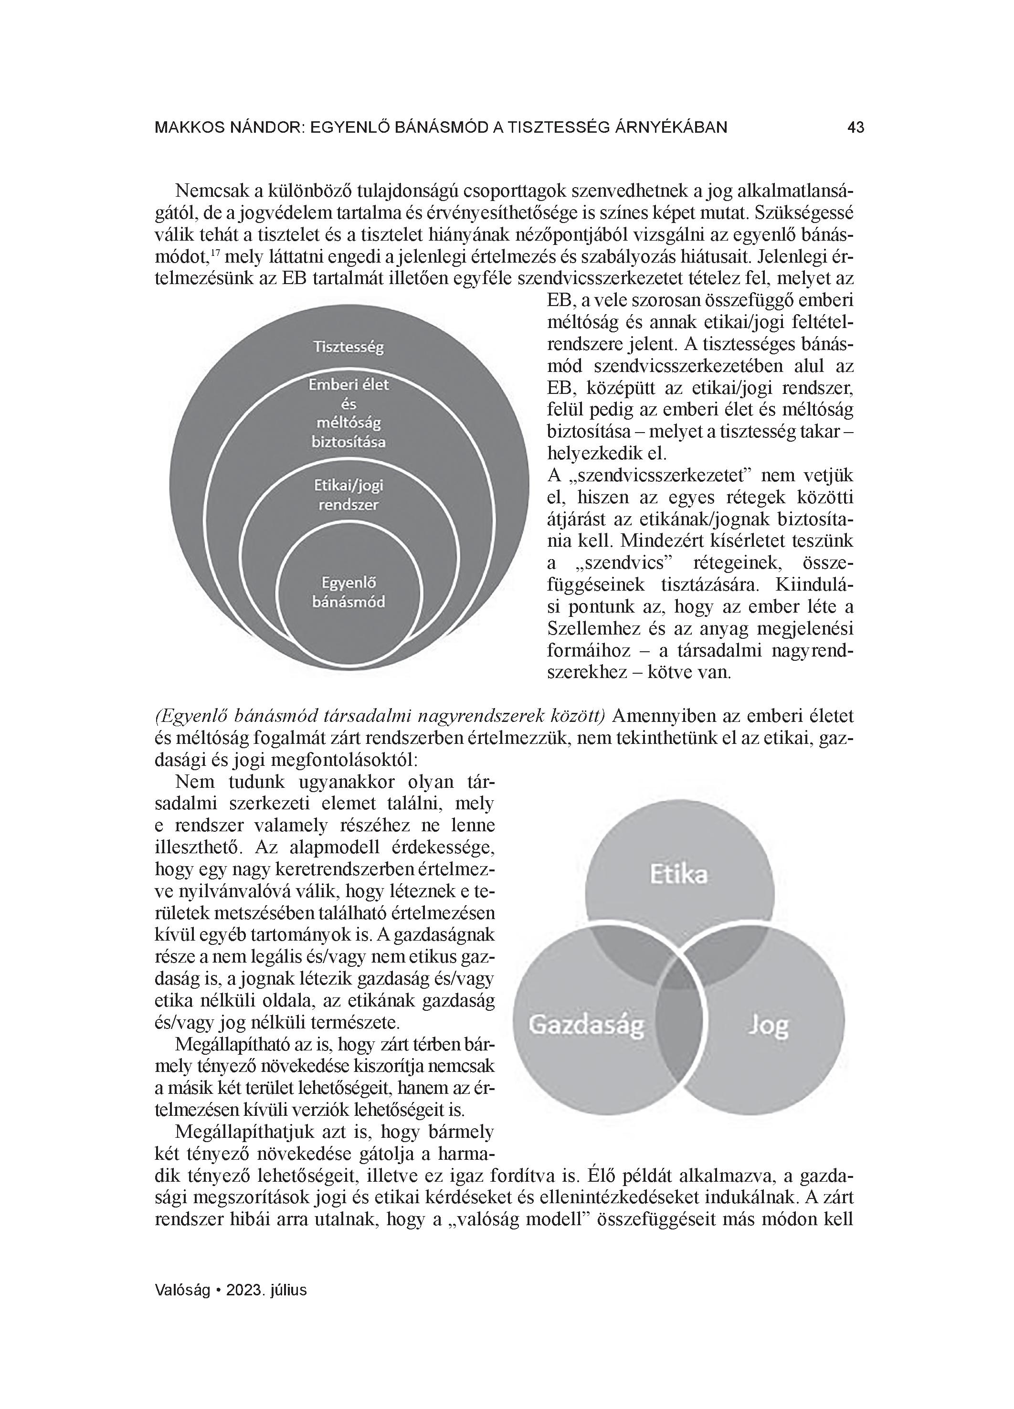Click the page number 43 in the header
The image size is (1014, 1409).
tap(856, 128)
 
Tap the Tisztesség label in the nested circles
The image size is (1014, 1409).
tap(348, 347)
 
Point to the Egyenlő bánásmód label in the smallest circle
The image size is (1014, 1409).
tap(348, 592)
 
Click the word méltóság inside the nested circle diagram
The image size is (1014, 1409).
tap(348, 423)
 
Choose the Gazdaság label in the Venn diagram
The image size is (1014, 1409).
tap(586, 1025)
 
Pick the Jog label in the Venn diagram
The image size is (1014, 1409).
tap(768, 1025)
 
